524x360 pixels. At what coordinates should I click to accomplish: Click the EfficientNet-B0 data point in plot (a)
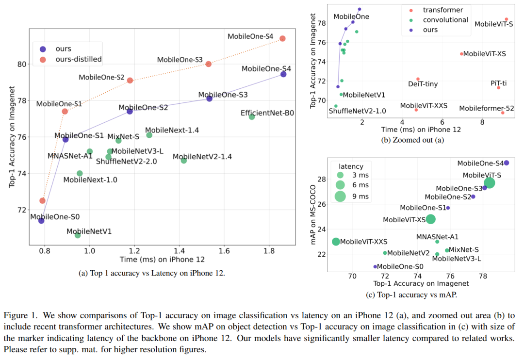251,117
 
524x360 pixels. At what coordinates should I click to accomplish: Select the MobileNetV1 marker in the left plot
78,235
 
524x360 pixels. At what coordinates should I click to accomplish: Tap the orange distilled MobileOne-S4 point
282,38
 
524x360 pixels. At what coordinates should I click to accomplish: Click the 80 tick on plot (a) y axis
21,64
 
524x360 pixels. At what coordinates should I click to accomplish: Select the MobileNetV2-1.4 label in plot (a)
202,157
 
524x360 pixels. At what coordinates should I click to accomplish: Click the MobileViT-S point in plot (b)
506,19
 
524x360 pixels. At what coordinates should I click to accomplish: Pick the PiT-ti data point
498,87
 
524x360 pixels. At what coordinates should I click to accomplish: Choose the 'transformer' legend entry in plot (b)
442,10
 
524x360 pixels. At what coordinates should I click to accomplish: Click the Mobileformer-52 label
486,108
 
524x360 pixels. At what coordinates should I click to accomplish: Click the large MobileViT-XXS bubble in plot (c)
336,241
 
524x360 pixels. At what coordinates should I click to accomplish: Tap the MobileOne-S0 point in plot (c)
375,266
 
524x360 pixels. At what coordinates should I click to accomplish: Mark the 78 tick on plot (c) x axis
483,276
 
